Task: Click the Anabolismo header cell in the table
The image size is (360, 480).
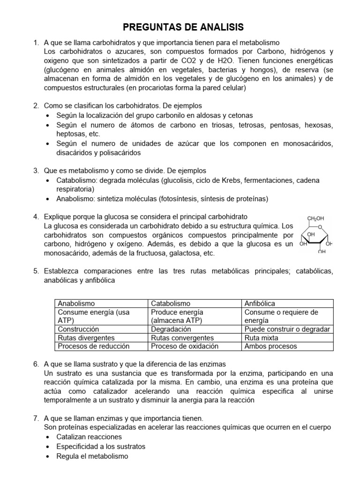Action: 76,304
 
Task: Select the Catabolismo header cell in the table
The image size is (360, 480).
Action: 171,304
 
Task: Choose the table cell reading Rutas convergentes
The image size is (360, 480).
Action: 182,337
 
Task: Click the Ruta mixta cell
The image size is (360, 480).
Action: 261,337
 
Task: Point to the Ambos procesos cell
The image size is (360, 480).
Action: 270,346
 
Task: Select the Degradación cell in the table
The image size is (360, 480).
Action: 171,329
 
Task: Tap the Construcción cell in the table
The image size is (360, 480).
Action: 78,329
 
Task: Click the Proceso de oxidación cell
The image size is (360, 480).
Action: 185,346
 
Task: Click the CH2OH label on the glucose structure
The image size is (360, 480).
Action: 315,218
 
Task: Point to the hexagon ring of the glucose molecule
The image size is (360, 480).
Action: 315,236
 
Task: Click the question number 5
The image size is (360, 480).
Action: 36,271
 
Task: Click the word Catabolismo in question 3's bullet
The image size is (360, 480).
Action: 75,180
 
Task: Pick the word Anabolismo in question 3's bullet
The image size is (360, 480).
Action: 75,199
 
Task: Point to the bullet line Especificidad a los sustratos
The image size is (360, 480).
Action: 101,446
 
